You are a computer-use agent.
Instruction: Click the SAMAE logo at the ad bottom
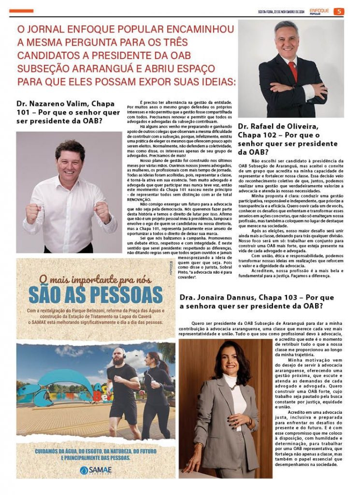tap(96, 469)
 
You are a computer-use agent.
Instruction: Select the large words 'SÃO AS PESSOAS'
tap(95, 294)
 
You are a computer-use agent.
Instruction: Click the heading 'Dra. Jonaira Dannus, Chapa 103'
tap(257, 301)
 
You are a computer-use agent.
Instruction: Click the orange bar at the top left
tap(21, 11)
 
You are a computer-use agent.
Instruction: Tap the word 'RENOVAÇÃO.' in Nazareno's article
tap(140, 200)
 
